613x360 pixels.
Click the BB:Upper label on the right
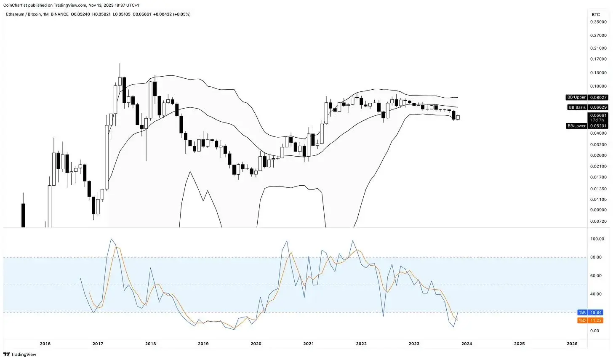[576, 98]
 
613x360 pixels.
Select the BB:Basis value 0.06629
[598, 107]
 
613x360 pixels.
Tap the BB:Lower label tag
[576, 126]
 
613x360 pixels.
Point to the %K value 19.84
[596, 312]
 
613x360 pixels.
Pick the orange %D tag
[582, 320]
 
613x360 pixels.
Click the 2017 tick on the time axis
[98, 344]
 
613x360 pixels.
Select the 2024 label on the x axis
[466, 344]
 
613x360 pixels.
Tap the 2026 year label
[572, 344]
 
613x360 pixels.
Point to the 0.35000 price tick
[597, 22]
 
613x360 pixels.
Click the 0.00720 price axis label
[597, 221]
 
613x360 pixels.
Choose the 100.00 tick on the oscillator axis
[597, 239]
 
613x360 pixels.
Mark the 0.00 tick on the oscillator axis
[595, 331]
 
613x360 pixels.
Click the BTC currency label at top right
[595, 14]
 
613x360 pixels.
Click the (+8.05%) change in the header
[181, 14]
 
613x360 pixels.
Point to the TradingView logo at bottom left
[20, 355]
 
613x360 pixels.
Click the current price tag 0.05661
[598, 115]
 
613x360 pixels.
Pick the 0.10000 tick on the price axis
[597, 86]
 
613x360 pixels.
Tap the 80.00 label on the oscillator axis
[597, 257]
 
